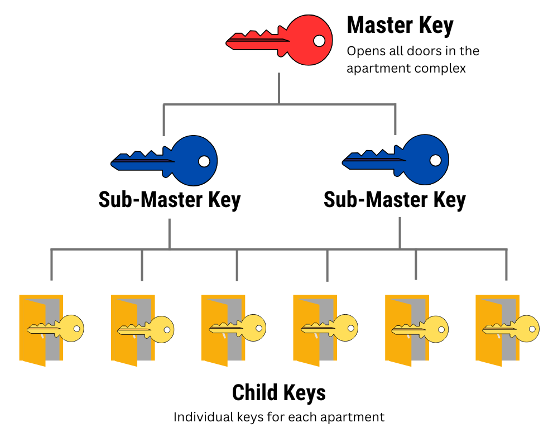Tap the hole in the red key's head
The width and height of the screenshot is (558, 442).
pos(319,41)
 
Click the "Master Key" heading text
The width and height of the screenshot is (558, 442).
pos(400,26)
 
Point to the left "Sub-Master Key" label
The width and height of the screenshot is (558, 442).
pos(169,200)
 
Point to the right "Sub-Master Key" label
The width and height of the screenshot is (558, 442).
pos(395,200)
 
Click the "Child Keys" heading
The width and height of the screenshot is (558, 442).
pos(278,392)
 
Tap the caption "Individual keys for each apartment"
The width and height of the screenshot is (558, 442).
pos(278,417)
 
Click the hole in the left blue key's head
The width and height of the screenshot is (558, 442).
pos(204,161)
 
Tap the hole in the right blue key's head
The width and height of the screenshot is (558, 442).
pos(435,160)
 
